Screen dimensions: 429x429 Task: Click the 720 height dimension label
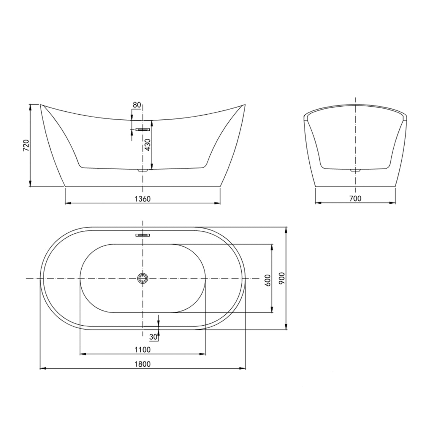[26, 145]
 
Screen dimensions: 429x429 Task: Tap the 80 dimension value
[137, 105]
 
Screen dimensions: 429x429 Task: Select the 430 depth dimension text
[148, 145]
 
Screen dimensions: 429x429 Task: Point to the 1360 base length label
[143, 199]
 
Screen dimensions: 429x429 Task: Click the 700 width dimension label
[355, 198]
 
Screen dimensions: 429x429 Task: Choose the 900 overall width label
[282, 278]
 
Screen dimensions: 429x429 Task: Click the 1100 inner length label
[143, 350]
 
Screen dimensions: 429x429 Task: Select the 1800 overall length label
[143, 364]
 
